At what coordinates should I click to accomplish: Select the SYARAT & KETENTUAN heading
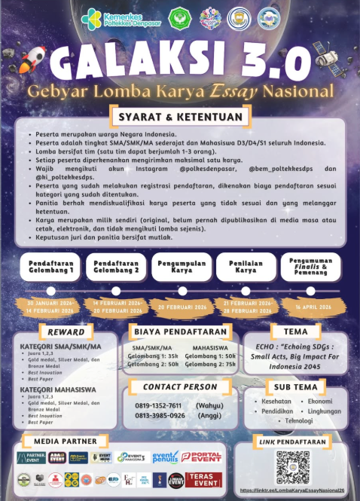coord(180,117)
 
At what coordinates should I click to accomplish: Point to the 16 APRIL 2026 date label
coord(308,307)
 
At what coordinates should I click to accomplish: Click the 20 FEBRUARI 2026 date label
coord(182,307)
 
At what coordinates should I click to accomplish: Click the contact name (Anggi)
coord(209,415)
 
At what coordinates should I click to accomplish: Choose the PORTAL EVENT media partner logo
coord(201,457)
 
